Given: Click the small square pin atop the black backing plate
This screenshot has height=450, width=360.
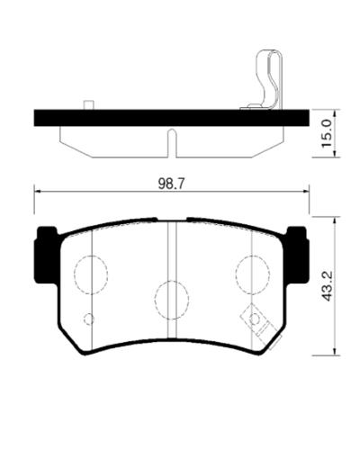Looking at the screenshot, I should point(88,105).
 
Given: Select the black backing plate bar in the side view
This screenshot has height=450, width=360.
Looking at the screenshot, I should point(171,117).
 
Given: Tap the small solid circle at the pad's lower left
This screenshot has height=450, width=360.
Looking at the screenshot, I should point(88,319).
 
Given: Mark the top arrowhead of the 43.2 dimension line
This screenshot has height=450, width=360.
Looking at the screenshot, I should point(335,219).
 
